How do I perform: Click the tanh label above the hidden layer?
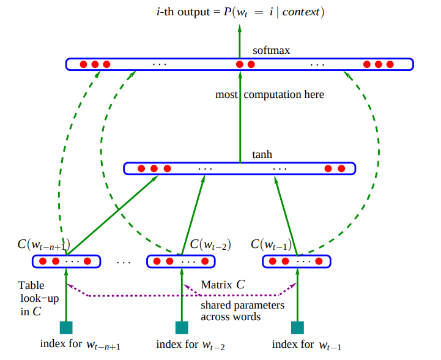(x=262, y=155)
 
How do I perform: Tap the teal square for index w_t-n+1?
(x=66, y=327)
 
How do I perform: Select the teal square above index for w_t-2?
(x=182, y=327)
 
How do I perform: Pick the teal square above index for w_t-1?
(x=297, y=327)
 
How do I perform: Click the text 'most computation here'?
(x=270, y=95)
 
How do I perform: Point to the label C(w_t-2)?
(x=210, y=245)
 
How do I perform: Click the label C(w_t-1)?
(x=272, y=245)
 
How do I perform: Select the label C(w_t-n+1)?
(x=43, y=245)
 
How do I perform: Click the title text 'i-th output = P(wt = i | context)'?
(x=239, y=12)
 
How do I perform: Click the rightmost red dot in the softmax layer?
(x=390, y=64)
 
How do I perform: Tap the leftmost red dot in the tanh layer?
(x=141, y=168)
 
